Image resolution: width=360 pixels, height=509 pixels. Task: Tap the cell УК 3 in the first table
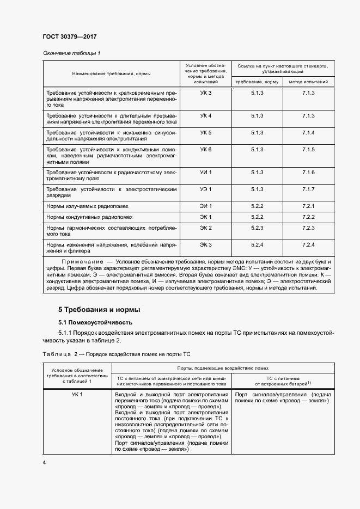[205, 93]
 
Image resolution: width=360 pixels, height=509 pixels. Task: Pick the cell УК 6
[205, 149]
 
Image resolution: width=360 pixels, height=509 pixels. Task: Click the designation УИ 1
[205, 172]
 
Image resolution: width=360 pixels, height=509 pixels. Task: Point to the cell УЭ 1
[205, 188]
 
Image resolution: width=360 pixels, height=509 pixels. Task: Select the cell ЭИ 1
[205, 205]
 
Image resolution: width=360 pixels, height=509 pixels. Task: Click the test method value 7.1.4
[308, 133]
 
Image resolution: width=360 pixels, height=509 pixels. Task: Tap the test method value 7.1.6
[308, 172]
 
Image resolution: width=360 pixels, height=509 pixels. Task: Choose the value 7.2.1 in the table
[308, 205]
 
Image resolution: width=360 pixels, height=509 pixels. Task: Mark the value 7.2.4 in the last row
[308, 244]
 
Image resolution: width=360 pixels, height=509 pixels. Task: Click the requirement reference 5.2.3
[257, 228]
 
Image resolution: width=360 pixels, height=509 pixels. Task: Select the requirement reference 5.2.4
[257, 244]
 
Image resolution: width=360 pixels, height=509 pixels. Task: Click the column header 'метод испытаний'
[308, 82]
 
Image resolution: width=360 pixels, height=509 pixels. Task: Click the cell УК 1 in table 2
[77, 394]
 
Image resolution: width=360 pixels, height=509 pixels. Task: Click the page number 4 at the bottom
[44, 462]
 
